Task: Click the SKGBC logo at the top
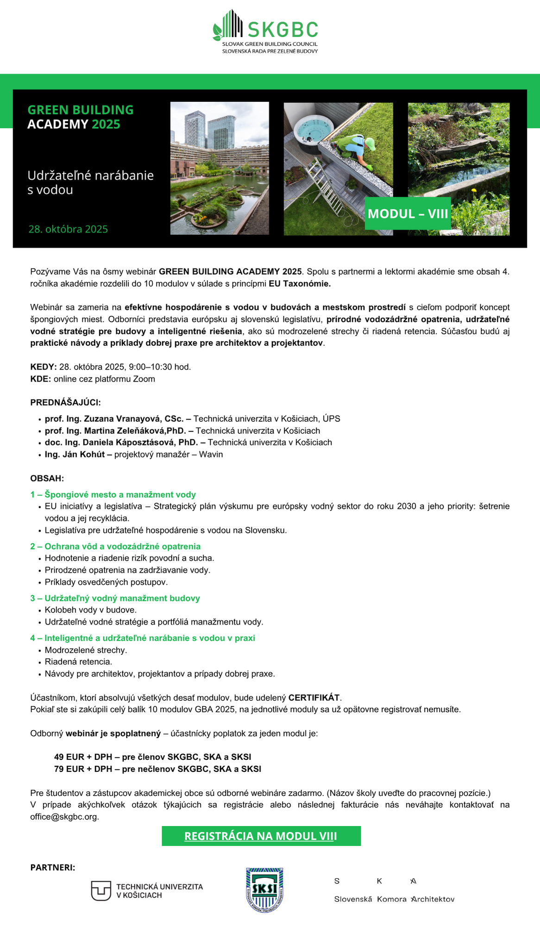coord(265,31)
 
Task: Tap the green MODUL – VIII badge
coord(408,213)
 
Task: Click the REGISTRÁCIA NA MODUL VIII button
coord(261,836)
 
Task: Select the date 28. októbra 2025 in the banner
coord(68,229)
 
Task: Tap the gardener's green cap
coord(370,144)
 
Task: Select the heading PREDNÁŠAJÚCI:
coord(65,402)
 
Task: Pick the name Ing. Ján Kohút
coord(75,454)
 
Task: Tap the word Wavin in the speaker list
coord(211,454)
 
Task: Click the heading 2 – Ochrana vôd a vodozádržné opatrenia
coord(115,546)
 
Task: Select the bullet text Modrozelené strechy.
coord(86,650)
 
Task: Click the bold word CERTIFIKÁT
coord(314,697)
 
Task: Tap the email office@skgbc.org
coord(64,816)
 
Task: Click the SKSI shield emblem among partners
coord(264,889)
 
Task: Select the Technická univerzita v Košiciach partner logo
coord(147,891)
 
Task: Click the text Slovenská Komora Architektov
coord(394,899)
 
